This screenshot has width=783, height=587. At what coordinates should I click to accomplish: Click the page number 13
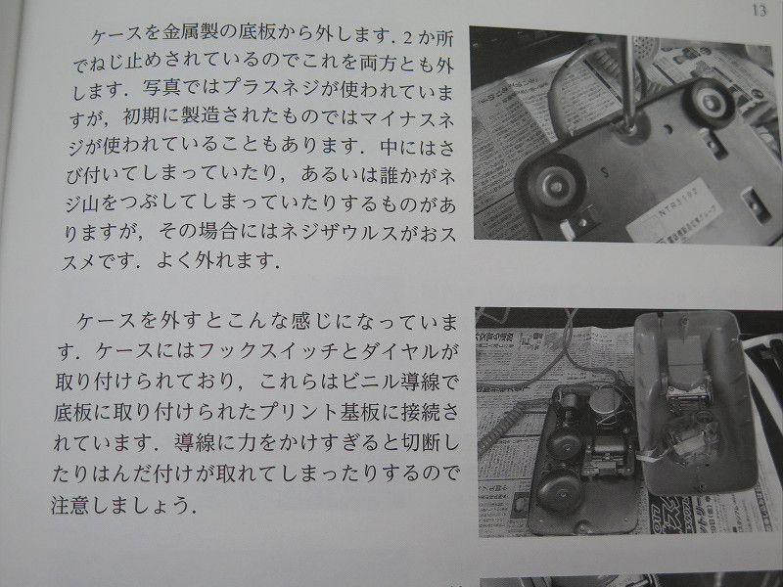coord(759,10)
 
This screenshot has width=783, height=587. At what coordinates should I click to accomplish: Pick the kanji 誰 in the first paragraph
coord(389,175)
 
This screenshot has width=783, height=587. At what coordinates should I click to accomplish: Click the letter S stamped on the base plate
coord(605,172)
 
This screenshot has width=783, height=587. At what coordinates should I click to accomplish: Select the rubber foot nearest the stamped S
coord(551,186)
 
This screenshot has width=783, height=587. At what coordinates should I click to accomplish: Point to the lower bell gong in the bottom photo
coord(558,491)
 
